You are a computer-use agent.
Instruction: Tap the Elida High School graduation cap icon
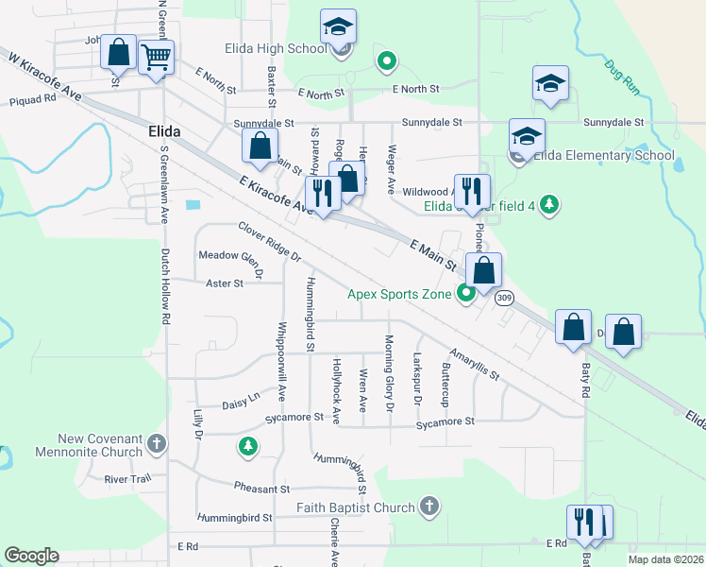tap(337, 28)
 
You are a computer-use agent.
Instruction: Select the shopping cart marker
tap(156, 57)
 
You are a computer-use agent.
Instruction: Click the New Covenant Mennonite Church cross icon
tap(158, 442)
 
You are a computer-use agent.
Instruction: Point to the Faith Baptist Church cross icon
tap(429, 507)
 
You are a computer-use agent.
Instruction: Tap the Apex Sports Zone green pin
tap(466, 294)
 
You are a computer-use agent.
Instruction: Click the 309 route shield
tap(504, 299)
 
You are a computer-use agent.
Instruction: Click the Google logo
tap(31, 556)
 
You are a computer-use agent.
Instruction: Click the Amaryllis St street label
tap(474, 363)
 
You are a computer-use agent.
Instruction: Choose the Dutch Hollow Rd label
tap(164, 287)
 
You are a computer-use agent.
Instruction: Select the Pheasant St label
tap(263, 490)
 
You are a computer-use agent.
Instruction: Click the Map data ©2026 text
tap(665, 558)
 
